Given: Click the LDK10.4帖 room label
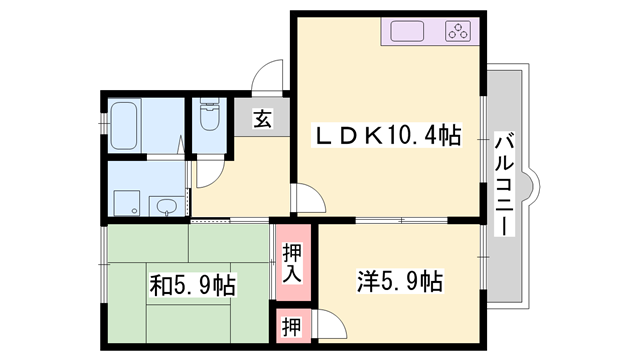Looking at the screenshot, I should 389,135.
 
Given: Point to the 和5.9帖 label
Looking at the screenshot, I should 193,286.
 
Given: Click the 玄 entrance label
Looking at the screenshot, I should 261,121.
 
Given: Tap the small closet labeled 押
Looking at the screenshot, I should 290,326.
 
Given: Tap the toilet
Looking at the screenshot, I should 210,117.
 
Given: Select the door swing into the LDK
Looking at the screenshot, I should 308,199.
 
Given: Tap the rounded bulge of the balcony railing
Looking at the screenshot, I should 533,183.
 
